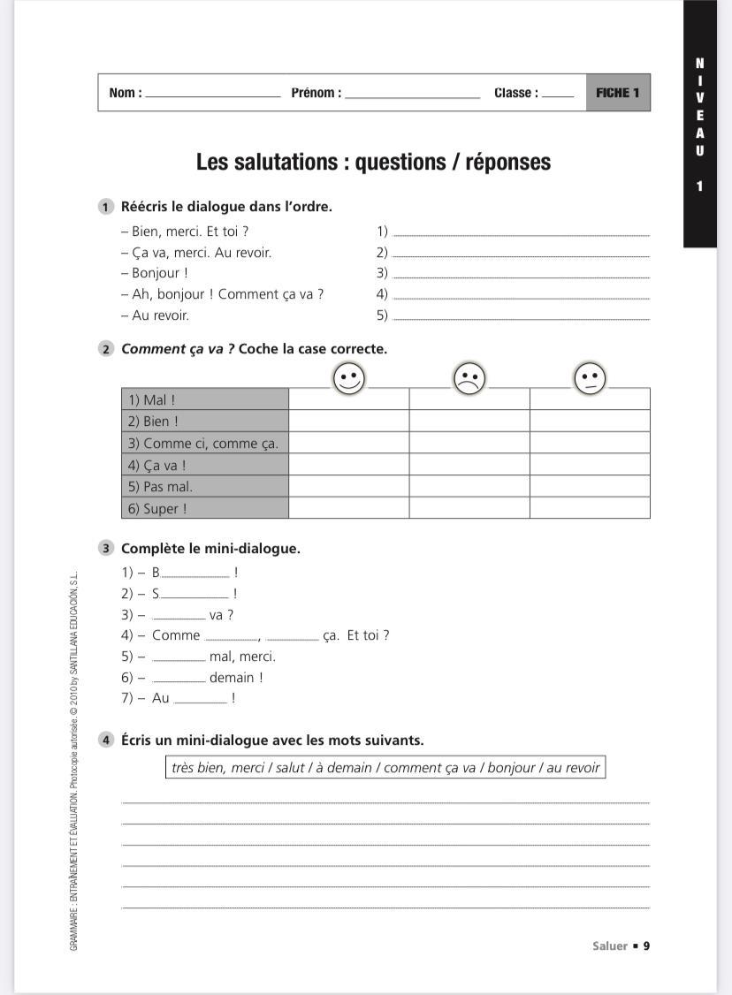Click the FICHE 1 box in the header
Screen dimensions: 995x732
pyautogui.click(x=618, y=93)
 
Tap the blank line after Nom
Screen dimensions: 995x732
pyautogui.click(x=212, y=95)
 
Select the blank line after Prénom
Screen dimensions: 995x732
pyautogui.click(x=412, y=95)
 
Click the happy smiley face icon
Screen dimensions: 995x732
pyautogui.click(x=349, y=379)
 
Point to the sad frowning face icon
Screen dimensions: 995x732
pyautogui.click(x=469, y=380)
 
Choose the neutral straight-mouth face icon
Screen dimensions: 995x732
pyautogui.click(x=590, y=380)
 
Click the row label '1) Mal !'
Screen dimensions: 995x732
pyautogui.click(x=205, y=399)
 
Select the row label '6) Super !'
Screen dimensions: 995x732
pyautogui.click(x=205, y=508)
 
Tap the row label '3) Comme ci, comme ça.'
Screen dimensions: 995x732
pyautogui.click(x=205, y=443)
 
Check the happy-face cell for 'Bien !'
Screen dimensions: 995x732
pyautogui.click(x=349, y=422)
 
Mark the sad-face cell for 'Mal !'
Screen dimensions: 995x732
pyautogui.click(x=469, y=399)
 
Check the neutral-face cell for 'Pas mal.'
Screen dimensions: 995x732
pyautogui.click(x=590, y=486)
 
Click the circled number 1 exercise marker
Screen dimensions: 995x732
pyautogui.click(x=106, y=207)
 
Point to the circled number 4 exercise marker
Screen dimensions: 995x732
pyautogui.click(x=106, y=741)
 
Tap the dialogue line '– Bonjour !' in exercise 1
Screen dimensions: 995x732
pyautogui.click(x=155, y=273)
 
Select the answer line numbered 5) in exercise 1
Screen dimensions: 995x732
pyautogui.click(x=520, y=316)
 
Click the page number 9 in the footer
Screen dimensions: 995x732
pyautogui.click(x=646, y=946)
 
